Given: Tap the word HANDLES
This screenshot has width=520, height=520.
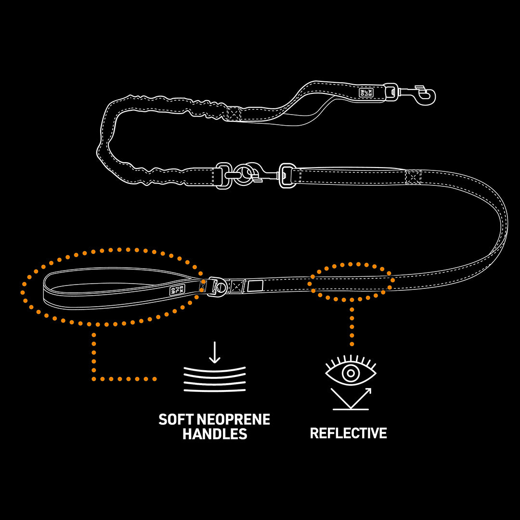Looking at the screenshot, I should point(215,434).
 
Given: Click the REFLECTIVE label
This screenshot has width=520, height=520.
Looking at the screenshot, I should point(348,433).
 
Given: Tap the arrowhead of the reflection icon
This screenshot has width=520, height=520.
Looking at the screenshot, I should point(368,391).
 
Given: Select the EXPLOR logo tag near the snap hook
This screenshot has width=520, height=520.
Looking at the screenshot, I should point(366,91).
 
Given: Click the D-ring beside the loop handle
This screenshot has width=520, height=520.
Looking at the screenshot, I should point(220,287).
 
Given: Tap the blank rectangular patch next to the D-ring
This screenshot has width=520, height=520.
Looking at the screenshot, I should point(255,286).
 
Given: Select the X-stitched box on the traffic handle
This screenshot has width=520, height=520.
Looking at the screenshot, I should point(234,114).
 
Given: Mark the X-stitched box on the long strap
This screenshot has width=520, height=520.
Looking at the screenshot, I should point(413,177).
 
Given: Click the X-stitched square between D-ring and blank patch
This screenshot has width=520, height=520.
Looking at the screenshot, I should point(237,286).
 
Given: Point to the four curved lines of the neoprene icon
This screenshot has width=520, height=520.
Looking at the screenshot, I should point(214,379).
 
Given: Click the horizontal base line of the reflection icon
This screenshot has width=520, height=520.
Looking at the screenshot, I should point(351,409).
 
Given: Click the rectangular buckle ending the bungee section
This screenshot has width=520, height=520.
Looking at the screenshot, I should point(223,176).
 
